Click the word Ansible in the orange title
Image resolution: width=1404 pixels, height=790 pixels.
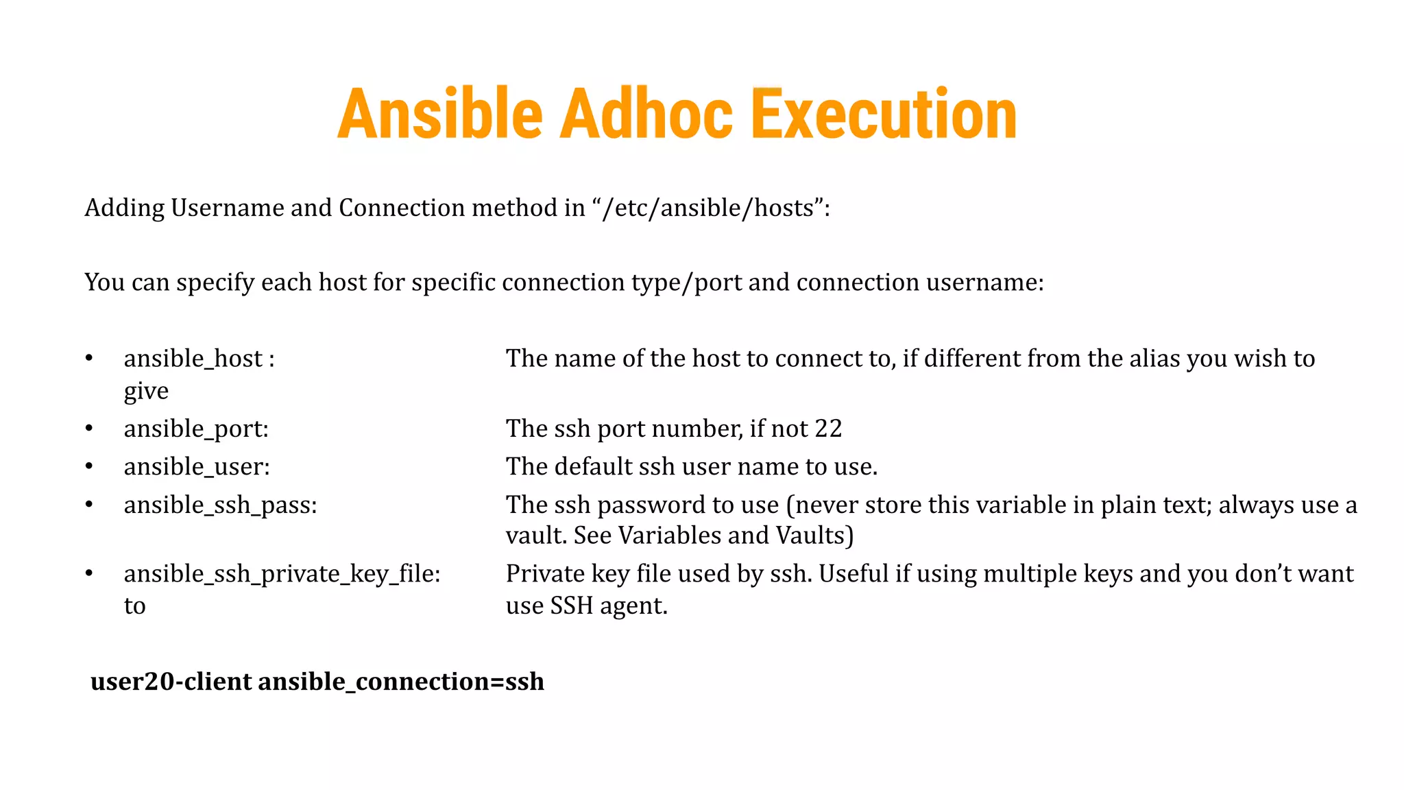click(x=439, y=114)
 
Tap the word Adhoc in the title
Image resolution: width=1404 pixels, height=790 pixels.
click(x=646, y=114)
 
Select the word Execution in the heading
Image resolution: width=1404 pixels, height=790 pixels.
click(x=884, y=114)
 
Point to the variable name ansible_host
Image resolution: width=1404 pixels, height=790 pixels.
click(x=193, y=359)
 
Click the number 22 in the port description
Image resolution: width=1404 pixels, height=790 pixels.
click(x=828, y=429)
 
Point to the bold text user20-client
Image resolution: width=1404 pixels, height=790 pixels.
click(x=171, y=682)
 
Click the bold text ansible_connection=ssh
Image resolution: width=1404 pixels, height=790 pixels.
click(x=401, y=682)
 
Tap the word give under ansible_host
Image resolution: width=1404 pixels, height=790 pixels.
click(x=146, y=392)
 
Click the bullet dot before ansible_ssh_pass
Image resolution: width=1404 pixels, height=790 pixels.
click(x=89, y=505)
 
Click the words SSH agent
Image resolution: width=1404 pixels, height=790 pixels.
click(x=607, y=606)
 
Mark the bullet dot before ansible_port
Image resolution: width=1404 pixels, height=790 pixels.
click(x=89, y=429)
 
